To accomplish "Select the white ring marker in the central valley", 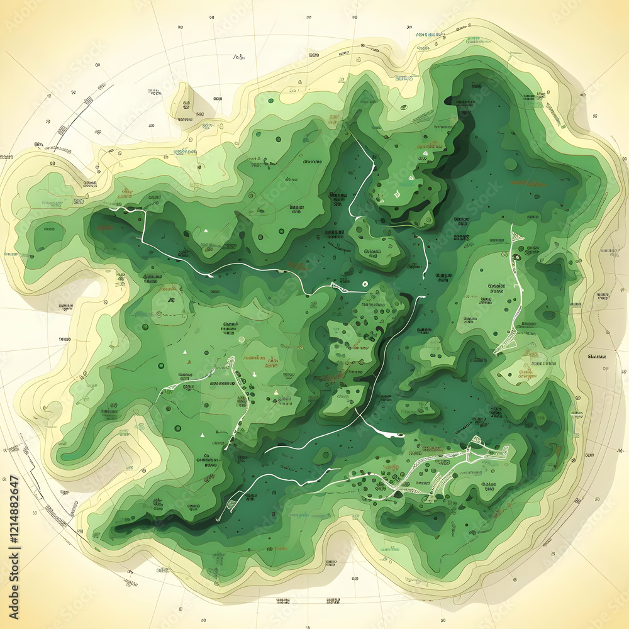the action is coord(364,283).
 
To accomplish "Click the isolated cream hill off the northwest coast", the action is coord(189,101).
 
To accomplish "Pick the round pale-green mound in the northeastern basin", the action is coord(511,165).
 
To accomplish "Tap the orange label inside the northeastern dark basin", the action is coord(527,184).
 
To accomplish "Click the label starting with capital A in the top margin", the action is coord(238,57).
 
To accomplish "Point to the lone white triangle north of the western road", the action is coord(205,231).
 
